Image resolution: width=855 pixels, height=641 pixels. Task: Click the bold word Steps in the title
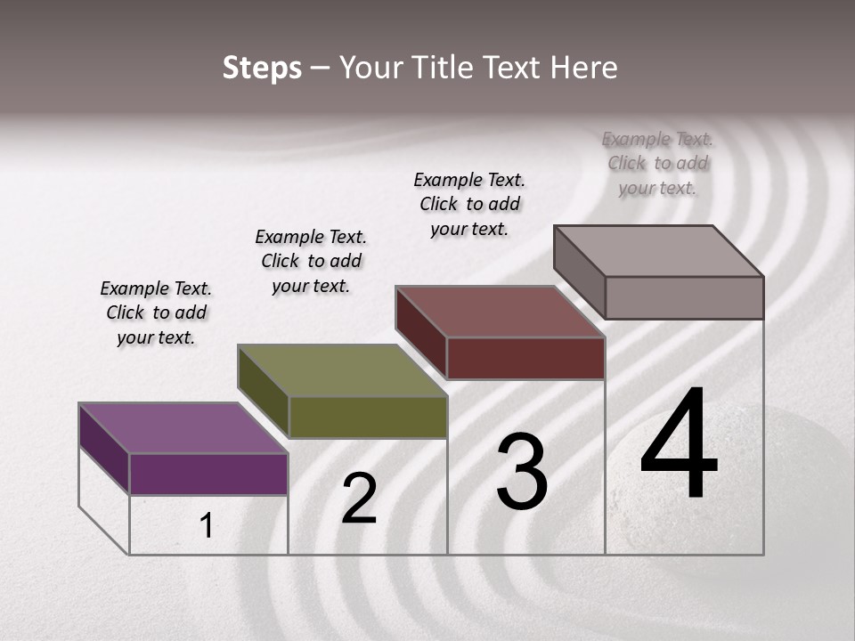coord(262,68)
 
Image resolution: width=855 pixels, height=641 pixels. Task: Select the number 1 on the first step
coord(206,526)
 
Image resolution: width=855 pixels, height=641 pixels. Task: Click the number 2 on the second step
coord(359,499)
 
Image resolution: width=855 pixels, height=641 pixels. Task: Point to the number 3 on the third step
coord(521,472)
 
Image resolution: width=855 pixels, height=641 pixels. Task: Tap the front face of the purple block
coord(208,474)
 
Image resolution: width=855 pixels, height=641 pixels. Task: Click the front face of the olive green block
coord(368,417)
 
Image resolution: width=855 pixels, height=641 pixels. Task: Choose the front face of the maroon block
coord(525,358)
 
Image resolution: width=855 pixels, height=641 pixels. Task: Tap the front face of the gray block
coord(684,297)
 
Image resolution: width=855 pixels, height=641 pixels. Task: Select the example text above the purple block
coord(156,313)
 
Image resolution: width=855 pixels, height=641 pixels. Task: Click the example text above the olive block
coord(311,261)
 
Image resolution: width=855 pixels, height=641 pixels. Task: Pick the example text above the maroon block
coord(469,204)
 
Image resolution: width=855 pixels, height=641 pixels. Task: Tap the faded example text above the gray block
coord(657,163)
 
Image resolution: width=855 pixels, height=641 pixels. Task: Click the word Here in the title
coord(583,68)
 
